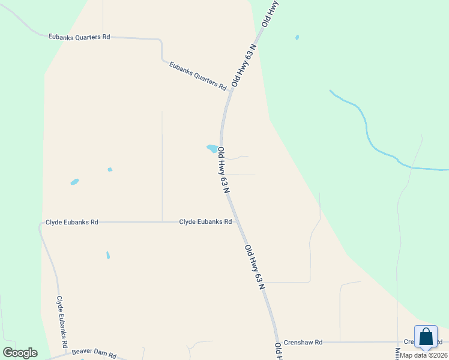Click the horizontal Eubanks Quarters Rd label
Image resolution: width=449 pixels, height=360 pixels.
[79, 37]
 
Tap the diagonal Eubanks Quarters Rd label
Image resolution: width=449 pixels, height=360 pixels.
[197, 76]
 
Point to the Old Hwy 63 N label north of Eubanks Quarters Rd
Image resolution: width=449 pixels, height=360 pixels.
[244, 65]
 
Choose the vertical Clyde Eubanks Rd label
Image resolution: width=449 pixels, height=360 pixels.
[60, 322]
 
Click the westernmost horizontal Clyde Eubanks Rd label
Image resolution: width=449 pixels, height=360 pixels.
[72, 222]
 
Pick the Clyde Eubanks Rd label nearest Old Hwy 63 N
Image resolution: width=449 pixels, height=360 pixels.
[205, 222]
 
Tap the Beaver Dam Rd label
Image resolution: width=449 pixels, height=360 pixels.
[94, 354]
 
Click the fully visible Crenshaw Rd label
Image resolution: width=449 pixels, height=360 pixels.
[303, 342]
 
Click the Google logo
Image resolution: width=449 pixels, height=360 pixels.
[20, 353]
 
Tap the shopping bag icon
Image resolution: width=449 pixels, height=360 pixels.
[426, 337]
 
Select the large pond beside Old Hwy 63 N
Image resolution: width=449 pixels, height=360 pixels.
[212, 148]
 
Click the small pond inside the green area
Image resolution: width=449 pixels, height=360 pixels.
[297, 37]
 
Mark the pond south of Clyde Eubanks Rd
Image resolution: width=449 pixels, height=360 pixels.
[108, 255]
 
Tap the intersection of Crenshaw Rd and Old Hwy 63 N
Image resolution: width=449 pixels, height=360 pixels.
[277, 342]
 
